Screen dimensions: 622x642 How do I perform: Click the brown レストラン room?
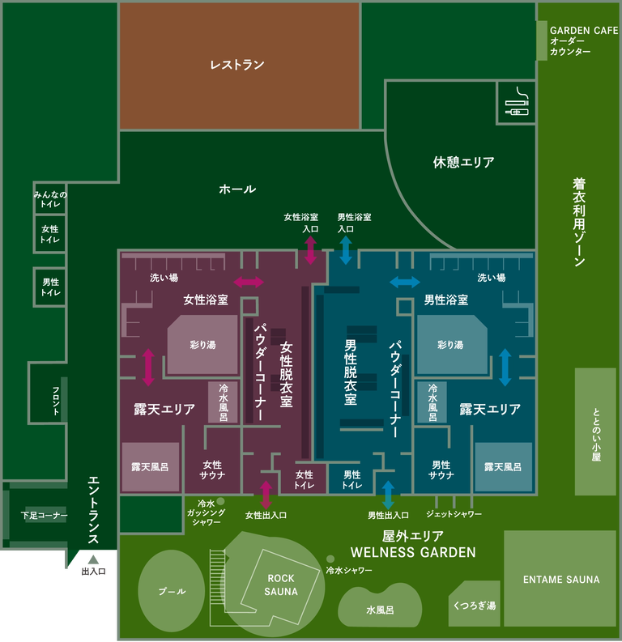coord(239,65)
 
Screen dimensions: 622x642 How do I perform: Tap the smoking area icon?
coord(515,104)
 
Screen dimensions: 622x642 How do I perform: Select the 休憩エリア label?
coord(463,162)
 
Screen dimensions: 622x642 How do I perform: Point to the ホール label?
coord(237,189)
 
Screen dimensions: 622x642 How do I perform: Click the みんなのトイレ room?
coord(50,200)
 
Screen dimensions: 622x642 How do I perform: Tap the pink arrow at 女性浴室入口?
coord(310,251)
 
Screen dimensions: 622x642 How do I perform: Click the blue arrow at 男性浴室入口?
coord(346,251)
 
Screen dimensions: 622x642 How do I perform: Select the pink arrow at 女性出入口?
coord(266,495)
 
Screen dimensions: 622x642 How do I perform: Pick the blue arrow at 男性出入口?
coord(388,495)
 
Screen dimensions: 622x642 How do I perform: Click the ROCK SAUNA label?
coord(281,585)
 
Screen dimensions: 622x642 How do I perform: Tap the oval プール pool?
coord(171,592)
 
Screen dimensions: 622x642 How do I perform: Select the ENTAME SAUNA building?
coord(560,580)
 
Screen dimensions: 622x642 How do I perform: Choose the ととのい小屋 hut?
coord(595,432)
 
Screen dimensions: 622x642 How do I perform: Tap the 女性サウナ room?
coord(212,470)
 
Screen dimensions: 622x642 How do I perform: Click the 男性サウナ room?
coord(441,470)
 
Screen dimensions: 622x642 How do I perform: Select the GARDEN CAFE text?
coord(583,30)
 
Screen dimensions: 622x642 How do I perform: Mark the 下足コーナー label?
coord(45,516)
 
